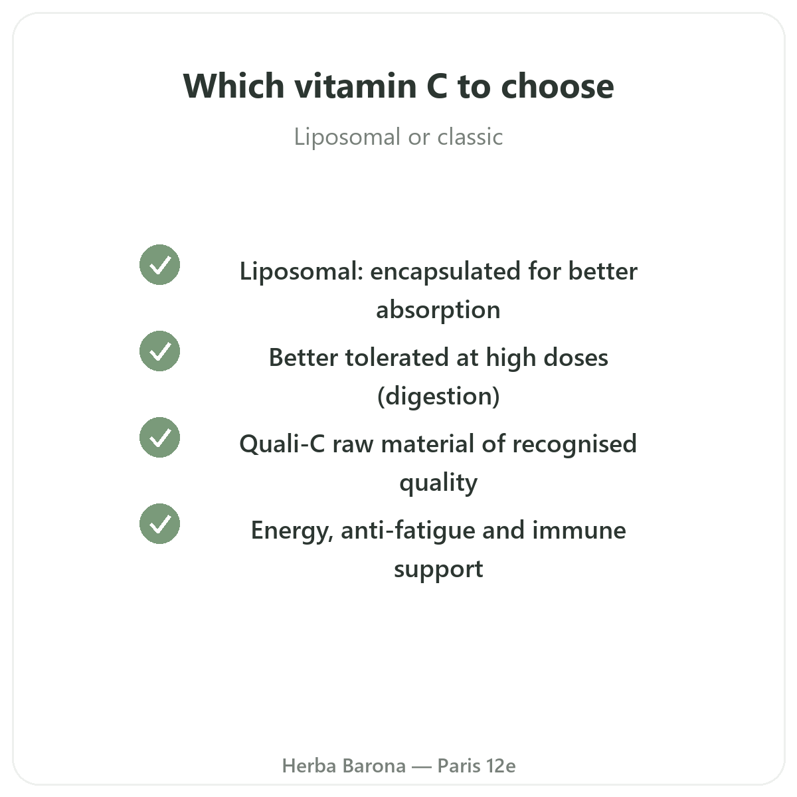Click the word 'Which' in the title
pyautogui.click(x=234, y=86)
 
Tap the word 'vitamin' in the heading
pyautogui.click(x=355, y=86)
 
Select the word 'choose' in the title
pyautogui.click(x=557, y=86)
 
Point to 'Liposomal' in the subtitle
pyautogui.click(x=347, y=137)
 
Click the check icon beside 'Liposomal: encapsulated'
pyautogui.click(x=159, y=265)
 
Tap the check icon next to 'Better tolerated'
pyautogui.click(x=159, y=351)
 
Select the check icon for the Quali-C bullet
pyautogui.click(x=159, y=438)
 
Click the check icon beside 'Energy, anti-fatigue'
pyautogui.click(x=159, y=523)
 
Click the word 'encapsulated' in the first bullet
pyautogui.click(x=446, y=272)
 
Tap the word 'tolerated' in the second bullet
pyautogui.click(x=397, y=357)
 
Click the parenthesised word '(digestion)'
pyautogui.click(x=438, y=397)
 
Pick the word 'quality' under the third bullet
pyautogui.click(x=438, y=483)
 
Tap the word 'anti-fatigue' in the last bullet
pyautogui.click(x=408, y=531)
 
